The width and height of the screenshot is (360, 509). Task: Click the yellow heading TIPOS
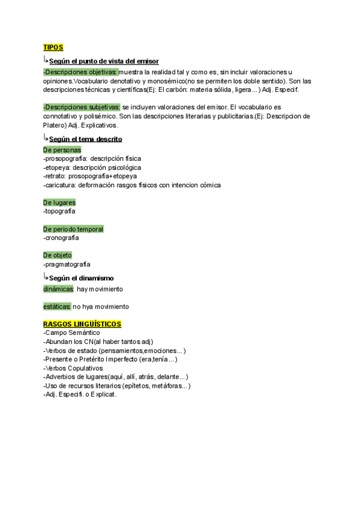(53, 47)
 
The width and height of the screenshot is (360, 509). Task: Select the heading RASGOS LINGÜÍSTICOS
(82, 324)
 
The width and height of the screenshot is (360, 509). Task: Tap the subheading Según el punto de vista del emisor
(104, 61)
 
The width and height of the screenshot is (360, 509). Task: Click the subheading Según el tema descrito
(85, 139)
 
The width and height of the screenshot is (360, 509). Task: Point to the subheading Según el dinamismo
(81, 278)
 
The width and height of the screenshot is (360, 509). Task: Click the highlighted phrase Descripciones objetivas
(81, 72)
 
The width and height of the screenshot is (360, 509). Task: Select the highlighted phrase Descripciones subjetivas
(82, 107)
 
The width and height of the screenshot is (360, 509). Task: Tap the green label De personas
(62, 150)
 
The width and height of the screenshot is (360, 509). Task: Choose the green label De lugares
(59, 203)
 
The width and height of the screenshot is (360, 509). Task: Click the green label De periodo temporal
(73, 229)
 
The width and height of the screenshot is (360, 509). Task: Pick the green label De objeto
(58, 255)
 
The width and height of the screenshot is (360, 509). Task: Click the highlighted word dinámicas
(58, 289)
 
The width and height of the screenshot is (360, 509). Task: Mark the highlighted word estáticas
(57, 307)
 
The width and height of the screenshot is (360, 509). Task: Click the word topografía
(61, 211)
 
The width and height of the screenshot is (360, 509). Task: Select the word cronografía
(62, 238)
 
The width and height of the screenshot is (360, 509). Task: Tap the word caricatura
(59, 185)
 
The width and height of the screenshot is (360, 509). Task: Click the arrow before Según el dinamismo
(46, 277)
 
